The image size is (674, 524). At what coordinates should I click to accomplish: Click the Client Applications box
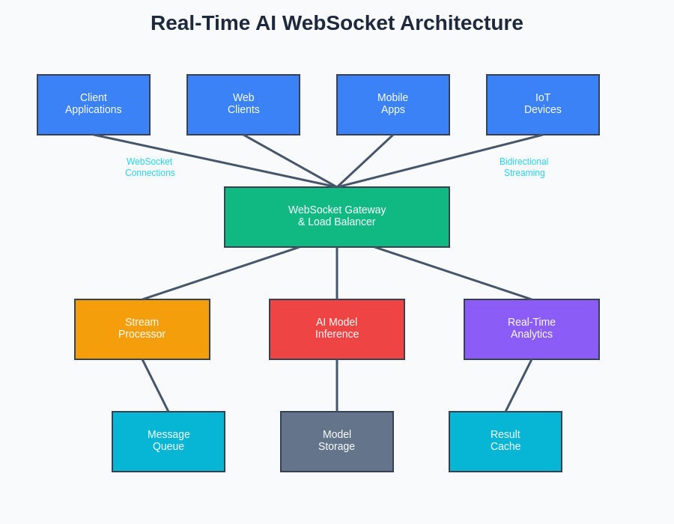click(x=94, y=104)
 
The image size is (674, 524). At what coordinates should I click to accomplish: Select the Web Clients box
click(x=243, y=104)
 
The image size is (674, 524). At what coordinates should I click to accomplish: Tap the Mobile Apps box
click(x=393, y=104)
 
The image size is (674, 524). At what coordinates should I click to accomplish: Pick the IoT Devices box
click(x=543, y=104)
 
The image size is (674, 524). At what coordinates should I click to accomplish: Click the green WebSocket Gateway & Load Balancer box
click(x=337, y=216)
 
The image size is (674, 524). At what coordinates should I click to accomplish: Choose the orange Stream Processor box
click(x=142, y=329)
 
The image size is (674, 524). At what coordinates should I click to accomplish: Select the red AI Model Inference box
click(x=337, y=329)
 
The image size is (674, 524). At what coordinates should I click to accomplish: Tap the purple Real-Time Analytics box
click(x=532, y=329)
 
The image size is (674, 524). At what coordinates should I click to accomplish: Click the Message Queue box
click(x=168, y=441)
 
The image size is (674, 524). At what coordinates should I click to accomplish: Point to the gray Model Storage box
click(x=337, y=441)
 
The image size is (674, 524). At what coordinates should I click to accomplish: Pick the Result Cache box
click(x=506, y=441)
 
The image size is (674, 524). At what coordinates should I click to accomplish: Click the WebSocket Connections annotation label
click(x=150, y=167)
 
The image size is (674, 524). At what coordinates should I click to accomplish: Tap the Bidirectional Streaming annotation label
click(x=524, y=167)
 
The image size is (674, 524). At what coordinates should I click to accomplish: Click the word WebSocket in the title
click(x=338, y=23)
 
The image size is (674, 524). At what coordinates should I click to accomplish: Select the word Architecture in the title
click(x=461, y=23)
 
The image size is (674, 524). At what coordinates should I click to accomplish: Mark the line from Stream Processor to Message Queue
click(x=156, y=386)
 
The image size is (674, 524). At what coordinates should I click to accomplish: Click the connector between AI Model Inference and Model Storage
click(x=337, y=386)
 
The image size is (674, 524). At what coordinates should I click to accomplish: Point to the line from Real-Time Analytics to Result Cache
click(x=518, y=386)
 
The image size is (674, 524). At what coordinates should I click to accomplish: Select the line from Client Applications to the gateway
click(x=215, y=161)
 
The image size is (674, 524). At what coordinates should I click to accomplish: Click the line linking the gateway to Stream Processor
click(x=221, y=273)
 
